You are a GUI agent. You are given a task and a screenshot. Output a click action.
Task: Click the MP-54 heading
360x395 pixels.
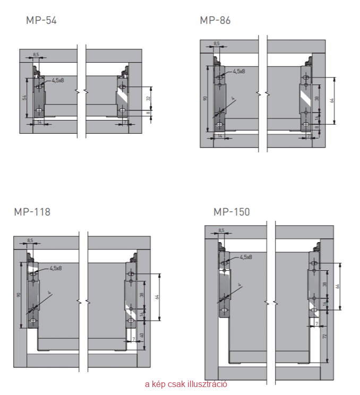(41, 21)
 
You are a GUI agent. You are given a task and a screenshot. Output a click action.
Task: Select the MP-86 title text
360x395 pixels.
(215, 21)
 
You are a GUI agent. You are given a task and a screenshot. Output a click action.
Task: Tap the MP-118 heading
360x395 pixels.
(32, 212)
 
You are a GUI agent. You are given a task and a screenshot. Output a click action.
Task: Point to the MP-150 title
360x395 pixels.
(232, 212)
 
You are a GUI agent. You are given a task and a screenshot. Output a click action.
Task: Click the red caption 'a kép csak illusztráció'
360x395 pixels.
(186, 384)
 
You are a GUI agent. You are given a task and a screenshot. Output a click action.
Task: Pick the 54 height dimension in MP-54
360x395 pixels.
(24, 98)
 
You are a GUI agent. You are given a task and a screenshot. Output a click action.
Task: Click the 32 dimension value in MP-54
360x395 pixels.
(148, 98)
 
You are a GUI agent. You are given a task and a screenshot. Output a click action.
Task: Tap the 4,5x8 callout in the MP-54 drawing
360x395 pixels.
(58, 80)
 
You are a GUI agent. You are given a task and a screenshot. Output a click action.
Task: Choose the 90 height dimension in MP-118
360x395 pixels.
(19, 295)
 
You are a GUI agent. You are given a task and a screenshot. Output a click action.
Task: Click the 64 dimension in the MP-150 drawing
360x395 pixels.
(338, 286)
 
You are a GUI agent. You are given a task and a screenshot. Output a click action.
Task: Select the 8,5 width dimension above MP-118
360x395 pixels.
(30, 241)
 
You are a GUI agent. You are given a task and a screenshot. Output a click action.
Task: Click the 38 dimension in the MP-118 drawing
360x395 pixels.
(142, 295)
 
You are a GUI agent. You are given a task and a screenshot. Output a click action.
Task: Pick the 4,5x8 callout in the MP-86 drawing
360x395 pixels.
(238, 71)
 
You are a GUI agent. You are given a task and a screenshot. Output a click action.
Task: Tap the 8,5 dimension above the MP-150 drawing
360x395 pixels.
(220, 230)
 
